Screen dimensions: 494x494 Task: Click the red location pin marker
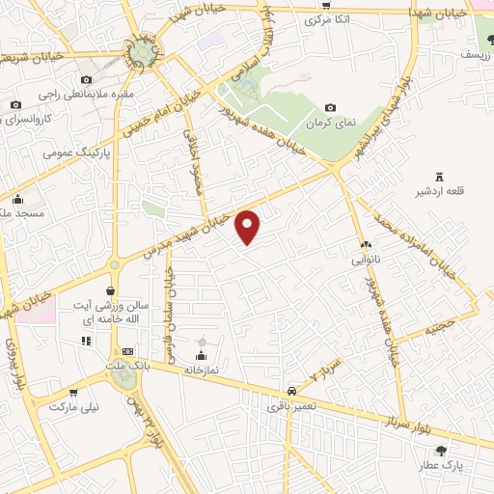249,227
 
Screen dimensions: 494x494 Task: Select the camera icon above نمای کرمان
330,107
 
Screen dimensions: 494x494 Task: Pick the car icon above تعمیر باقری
290,392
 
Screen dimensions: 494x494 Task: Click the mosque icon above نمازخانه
202,342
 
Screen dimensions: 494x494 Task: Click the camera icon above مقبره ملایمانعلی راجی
86,80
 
